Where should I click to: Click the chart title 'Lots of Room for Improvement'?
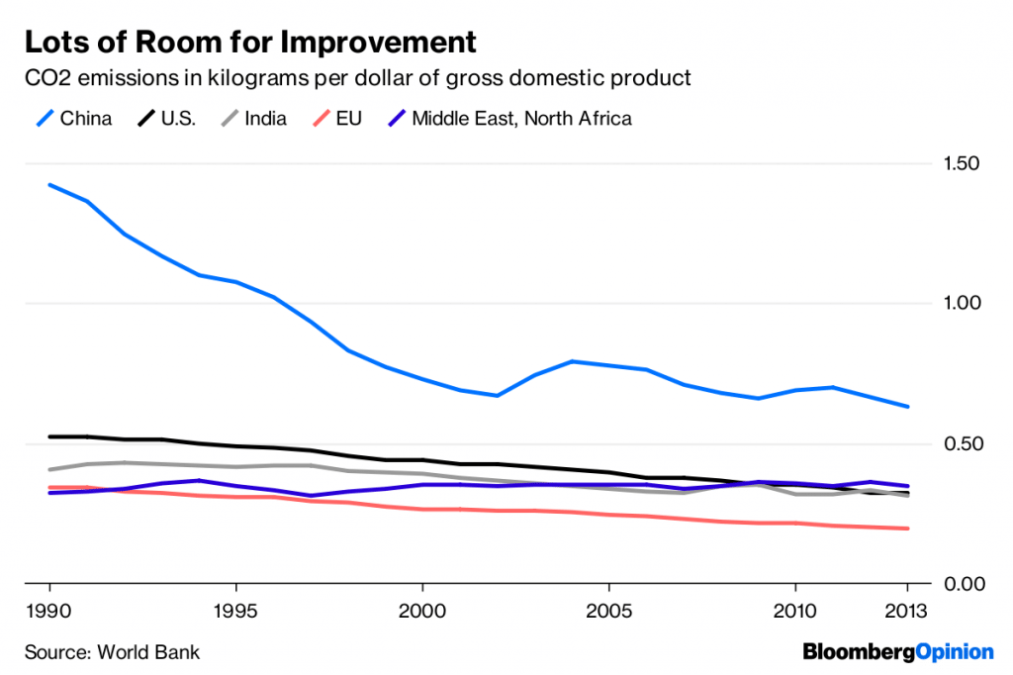click(x=251, y=43)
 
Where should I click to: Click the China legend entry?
click(x=74, y=119)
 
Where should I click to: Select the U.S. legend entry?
click(x=166, y=119)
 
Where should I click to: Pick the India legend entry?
click(x=254, y=119)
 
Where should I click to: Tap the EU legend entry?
click(x=334, y=119)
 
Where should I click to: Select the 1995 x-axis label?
click(x=234, y=611)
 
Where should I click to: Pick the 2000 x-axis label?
click(x=421, y=611)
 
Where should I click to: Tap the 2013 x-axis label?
click(x=908, y=611)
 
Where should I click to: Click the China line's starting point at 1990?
click(x=48, y=185)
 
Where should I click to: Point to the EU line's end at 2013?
click(x=907, y=529)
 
